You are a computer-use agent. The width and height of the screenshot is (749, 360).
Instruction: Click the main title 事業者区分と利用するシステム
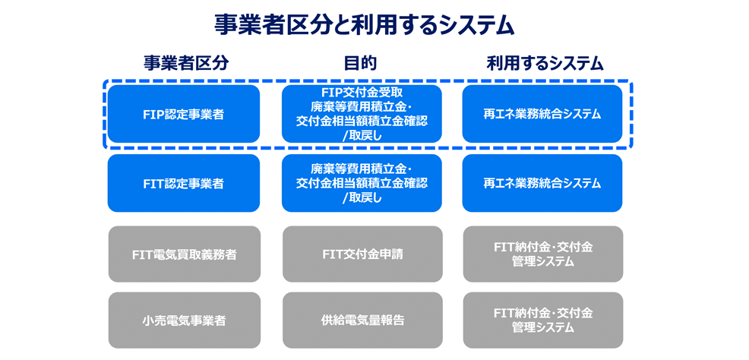364,26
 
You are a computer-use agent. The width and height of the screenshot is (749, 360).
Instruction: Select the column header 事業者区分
185,64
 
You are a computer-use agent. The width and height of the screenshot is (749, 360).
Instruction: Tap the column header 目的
361,64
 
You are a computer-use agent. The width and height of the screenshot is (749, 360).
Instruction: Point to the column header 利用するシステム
545,64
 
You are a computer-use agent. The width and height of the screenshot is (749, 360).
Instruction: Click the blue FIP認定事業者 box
183,114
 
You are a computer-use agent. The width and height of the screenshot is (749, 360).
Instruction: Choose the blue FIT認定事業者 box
183,183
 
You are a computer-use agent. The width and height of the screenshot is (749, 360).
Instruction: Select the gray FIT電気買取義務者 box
183,254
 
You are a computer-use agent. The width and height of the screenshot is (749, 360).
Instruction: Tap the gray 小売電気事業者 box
183,321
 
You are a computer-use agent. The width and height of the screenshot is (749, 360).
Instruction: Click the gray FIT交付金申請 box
362,254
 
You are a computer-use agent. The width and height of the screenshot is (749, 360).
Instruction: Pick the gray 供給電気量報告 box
362,321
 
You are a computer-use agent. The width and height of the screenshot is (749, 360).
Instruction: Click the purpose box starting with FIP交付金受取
362,114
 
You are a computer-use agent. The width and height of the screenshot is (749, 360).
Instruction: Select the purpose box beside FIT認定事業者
362,183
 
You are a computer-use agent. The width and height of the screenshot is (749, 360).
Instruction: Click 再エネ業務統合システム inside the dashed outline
542,114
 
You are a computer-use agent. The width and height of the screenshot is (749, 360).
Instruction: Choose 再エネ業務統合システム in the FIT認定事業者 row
542,183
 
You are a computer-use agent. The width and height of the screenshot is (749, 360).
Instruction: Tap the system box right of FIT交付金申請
542,254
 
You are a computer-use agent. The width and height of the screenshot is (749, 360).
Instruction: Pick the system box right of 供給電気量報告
542,321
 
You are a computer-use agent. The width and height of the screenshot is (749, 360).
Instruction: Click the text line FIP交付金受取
362,93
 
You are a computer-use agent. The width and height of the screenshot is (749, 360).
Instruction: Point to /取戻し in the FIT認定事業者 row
362,198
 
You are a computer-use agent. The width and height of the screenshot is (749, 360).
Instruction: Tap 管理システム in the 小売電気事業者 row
542,328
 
